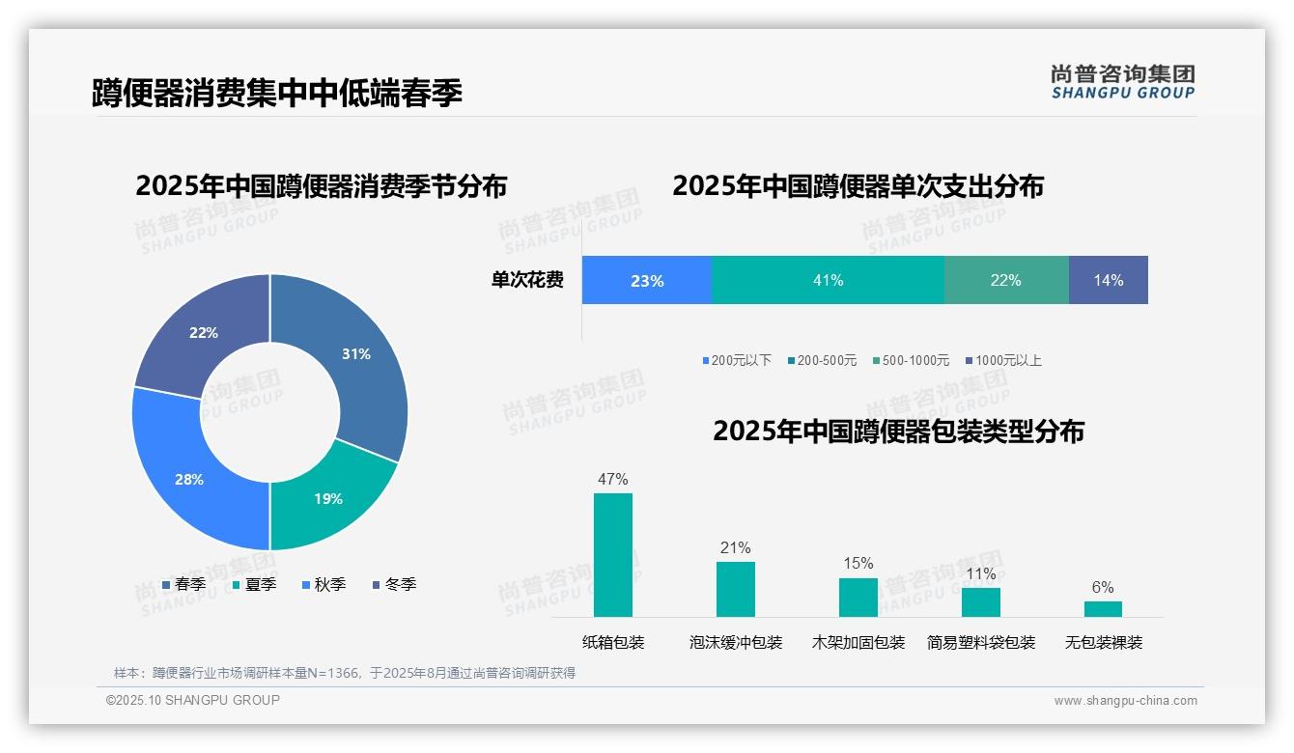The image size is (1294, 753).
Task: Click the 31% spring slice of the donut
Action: (357, 355)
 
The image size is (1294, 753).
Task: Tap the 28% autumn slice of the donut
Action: (189, 479)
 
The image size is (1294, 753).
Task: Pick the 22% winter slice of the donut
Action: (204, 333)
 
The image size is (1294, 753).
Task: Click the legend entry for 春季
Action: (183, 584)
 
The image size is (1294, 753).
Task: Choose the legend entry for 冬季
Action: (394, 584)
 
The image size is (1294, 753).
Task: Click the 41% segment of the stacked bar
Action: (828, 280)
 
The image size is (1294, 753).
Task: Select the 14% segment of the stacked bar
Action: (1108, 280)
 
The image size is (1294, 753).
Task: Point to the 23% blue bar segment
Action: (647, 280)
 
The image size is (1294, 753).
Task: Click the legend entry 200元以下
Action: (737, 360)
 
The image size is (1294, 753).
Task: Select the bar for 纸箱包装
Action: (613, 554)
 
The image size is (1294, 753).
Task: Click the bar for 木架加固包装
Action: (858, 597)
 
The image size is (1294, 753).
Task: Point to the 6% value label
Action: (1103, 587)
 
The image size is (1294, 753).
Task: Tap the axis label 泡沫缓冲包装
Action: (736, 642)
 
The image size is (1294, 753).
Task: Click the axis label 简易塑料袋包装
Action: (981, 642)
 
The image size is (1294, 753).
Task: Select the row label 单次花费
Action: (527, 280)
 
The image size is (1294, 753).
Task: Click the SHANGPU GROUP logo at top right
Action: (1122, 81)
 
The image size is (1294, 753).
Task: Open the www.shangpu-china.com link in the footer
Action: (1125, 701)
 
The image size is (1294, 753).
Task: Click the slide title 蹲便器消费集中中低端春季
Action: (277, 93)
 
